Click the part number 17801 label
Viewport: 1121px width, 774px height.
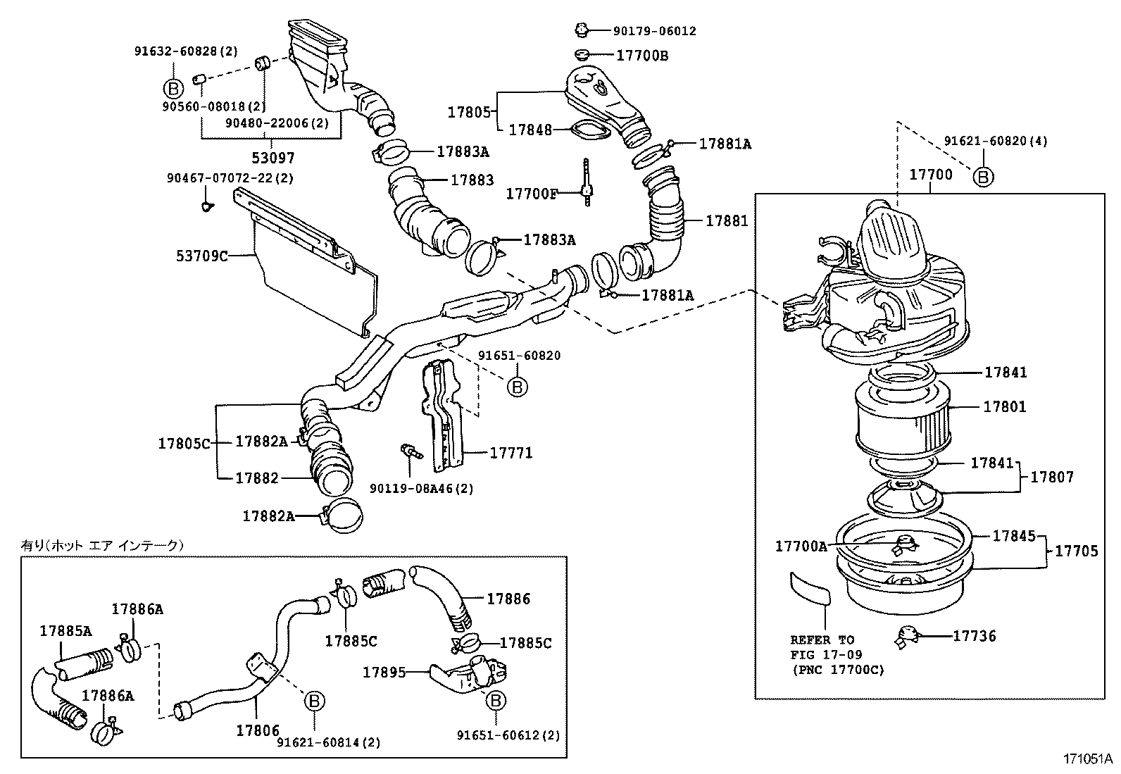pos(1005,407)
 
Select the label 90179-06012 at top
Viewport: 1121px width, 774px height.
pos(654,31)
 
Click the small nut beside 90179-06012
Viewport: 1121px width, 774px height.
pos(581,30)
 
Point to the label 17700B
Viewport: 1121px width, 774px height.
pos(642,55)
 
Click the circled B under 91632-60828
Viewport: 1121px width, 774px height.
pos(173,88)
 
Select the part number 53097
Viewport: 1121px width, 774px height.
pos(274,158)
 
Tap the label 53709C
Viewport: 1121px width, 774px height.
pos(202,256)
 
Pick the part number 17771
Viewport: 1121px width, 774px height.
pos(511,453)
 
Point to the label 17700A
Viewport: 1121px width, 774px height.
pos(801,546)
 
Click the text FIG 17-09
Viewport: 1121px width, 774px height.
pos(826,655)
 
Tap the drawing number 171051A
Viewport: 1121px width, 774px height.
pos(1087,759)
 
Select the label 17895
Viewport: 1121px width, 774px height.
pos(384,672)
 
